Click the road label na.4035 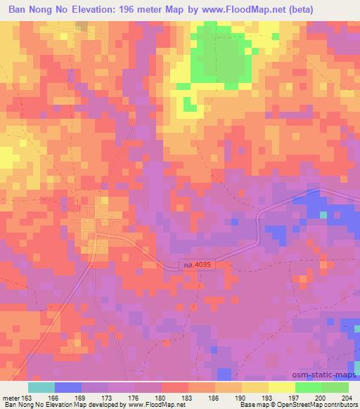(196, 264)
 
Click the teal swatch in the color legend (41, 387)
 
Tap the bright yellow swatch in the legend (282, 387)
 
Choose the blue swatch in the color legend (68, 387)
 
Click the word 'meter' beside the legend (12, 398)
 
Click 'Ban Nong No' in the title (34, 8)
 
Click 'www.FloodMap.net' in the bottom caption (154, 405)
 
